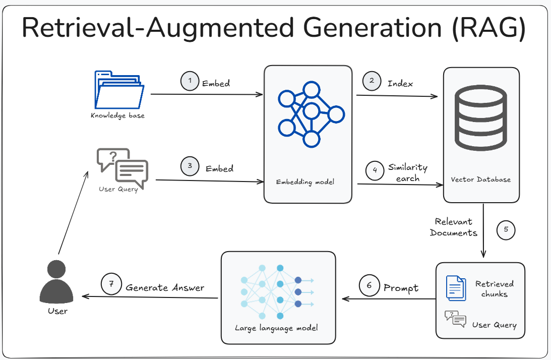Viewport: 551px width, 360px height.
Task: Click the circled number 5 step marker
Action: (506, 230)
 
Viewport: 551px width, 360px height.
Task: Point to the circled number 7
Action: (110, 284)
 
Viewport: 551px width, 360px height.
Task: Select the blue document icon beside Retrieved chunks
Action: (456, 288)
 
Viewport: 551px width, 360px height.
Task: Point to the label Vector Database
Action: (480, 179)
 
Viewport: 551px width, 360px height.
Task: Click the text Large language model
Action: (277, 328)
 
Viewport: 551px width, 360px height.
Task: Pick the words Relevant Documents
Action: (454, 227)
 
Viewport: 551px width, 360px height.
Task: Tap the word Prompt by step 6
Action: (401, 288)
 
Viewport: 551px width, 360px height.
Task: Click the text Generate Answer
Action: (165, 287)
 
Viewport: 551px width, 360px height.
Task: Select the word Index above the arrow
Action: (400, 83)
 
